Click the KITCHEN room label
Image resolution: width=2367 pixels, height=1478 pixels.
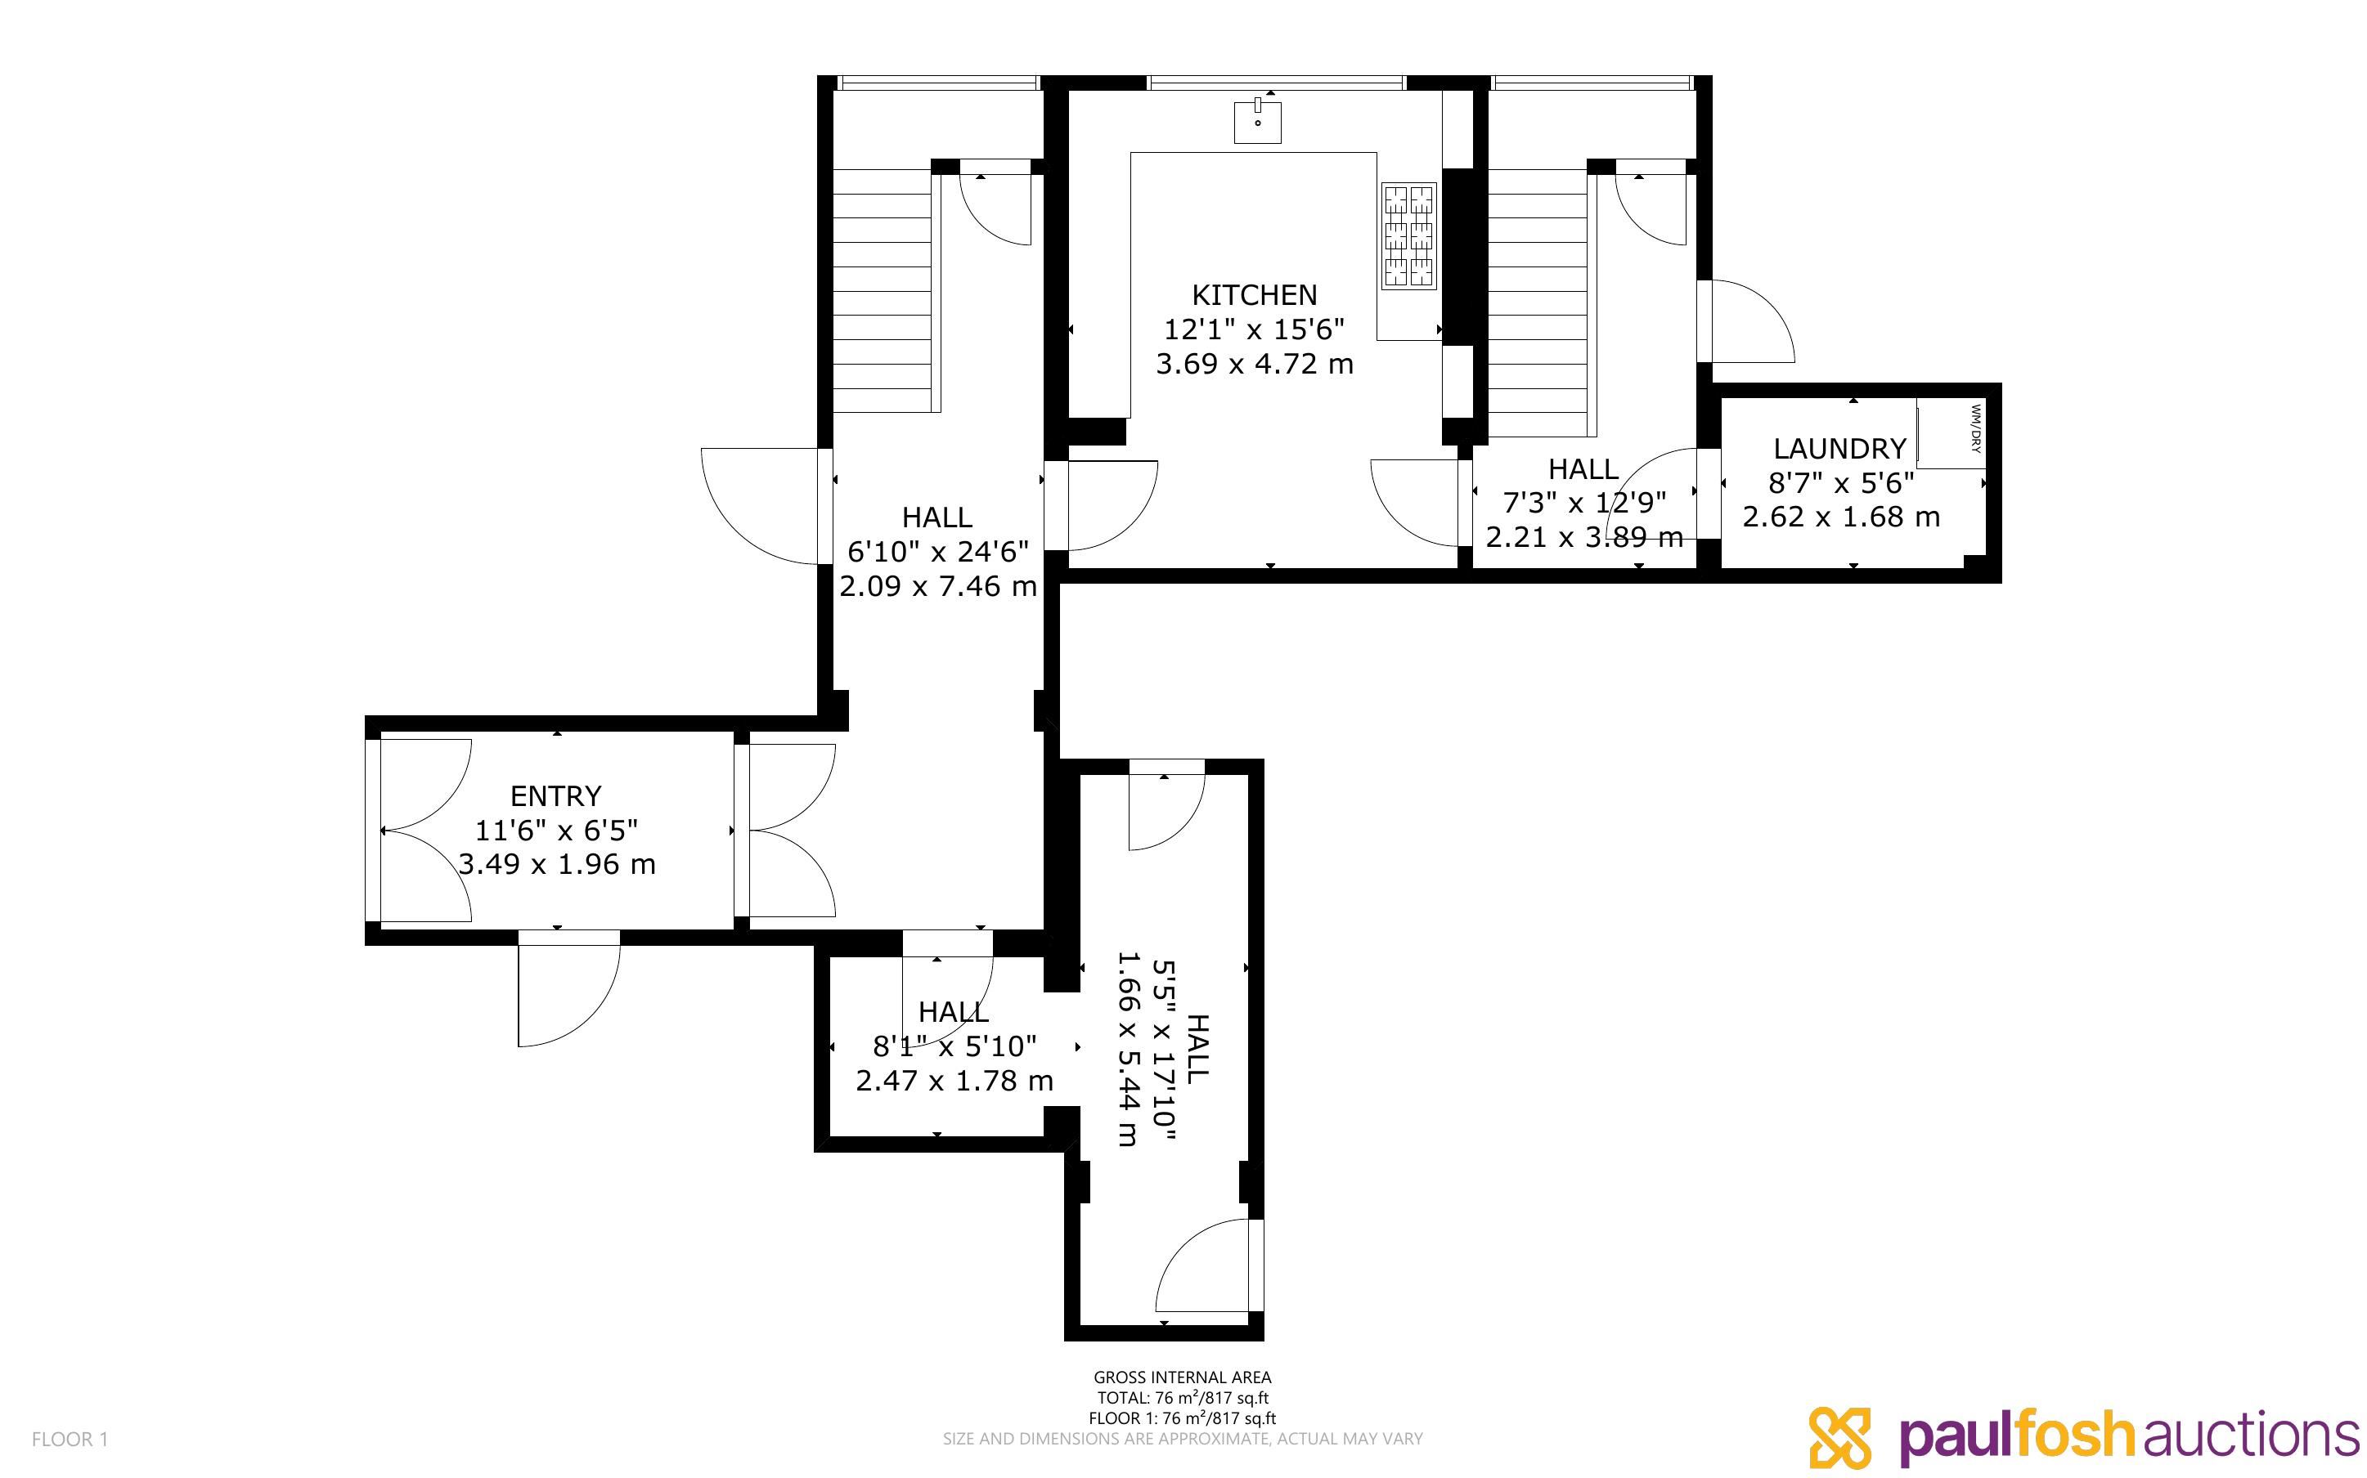coord(1255,294)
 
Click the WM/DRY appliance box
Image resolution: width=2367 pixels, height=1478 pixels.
coord(1951,433)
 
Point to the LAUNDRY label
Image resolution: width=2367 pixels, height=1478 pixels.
coord(1840,449)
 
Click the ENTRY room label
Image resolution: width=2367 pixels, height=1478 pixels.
coord(555,795)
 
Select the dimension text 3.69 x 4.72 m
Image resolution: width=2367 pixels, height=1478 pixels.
coord(1255,364)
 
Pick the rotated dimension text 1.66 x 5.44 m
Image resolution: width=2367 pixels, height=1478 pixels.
coord(1128,1048)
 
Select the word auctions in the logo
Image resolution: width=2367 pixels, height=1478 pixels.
coord(2252,1435)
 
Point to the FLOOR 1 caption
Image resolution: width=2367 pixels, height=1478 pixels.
coord(70,1439)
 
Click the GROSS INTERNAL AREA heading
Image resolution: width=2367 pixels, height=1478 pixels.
coord(1182,1377)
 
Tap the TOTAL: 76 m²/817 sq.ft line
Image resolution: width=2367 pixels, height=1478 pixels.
coord(1182,1398)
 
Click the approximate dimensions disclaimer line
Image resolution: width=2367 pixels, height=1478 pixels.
coord(1182,1439)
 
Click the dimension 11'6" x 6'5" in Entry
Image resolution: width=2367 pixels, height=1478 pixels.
coord(556,831)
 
